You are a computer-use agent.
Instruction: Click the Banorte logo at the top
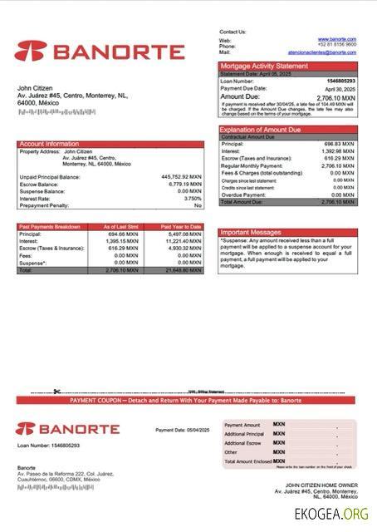(100, 52)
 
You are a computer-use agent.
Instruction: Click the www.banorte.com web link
(336, 39)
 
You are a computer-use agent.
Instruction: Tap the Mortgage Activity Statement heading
(263, 66)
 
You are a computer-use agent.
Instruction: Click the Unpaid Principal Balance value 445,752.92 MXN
(181, 176)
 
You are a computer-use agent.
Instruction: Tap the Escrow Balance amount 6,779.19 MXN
(184, 184)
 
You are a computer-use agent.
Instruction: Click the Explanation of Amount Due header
(261, 130)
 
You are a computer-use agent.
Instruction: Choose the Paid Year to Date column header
(181, 226)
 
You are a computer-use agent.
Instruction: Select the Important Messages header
(252, 232)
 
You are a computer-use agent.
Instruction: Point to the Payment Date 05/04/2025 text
(183, 430)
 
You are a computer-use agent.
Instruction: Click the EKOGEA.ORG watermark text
(330, 514)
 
